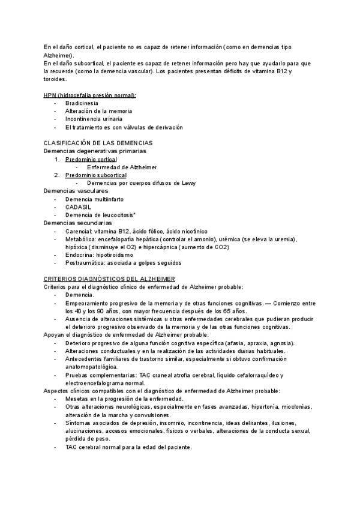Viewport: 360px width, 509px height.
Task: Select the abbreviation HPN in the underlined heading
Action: (50, 95)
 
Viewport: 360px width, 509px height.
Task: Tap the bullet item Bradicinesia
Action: (82, 103)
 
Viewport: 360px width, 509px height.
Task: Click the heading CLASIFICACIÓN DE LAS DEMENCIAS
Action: (98, 143)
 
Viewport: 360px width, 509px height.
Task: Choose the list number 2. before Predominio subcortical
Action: (57, 175)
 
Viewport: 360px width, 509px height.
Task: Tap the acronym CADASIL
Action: (79, 206)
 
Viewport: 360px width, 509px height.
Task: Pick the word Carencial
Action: (79, 230)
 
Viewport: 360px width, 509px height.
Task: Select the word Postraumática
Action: (86, 262)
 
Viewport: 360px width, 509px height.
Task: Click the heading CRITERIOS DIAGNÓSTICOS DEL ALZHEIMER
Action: (109, 279)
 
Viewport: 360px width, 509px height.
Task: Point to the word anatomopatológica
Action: (92, 366)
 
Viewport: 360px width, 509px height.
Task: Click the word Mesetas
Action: (77, 399)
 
